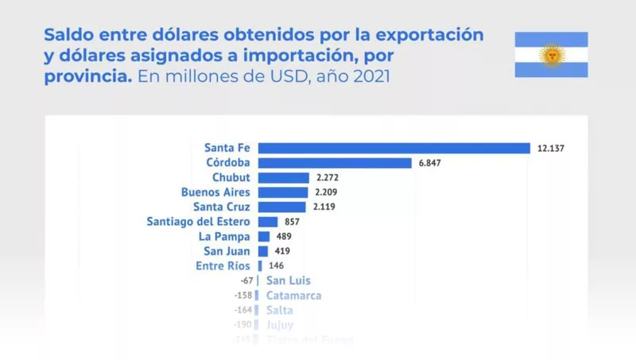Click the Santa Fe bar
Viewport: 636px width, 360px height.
pos(394,148)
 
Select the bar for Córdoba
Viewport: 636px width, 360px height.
pos(335,163)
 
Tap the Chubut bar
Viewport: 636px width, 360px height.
pos(283,177)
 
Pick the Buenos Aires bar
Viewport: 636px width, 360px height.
pos(282,192)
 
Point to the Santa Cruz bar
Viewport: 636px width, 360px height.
pos(281,207)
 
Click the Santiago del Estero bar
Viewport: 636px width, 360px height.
pos(268,222)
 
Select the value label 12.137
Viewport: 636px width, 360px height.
pos(550,149)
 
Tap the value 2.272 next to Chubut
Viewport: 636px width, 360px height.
pos(328,177)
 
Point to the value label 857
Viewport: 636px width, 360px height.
pos(292,222)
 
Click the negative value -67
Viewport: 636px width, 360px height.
pos(247,281)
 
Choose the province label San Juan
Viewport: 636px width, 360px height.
pos(227,251)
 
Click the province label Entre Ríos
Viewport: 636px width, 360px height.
pos(223,266)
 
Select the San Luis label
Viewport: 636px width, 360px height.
pos(289,281)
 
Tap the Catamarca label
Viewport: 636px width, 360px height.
pos(293,296)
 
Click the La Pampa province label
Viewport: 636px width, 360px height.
pos(224,237)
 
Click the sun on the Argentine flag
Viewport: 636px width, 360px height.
pos(551,55)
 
